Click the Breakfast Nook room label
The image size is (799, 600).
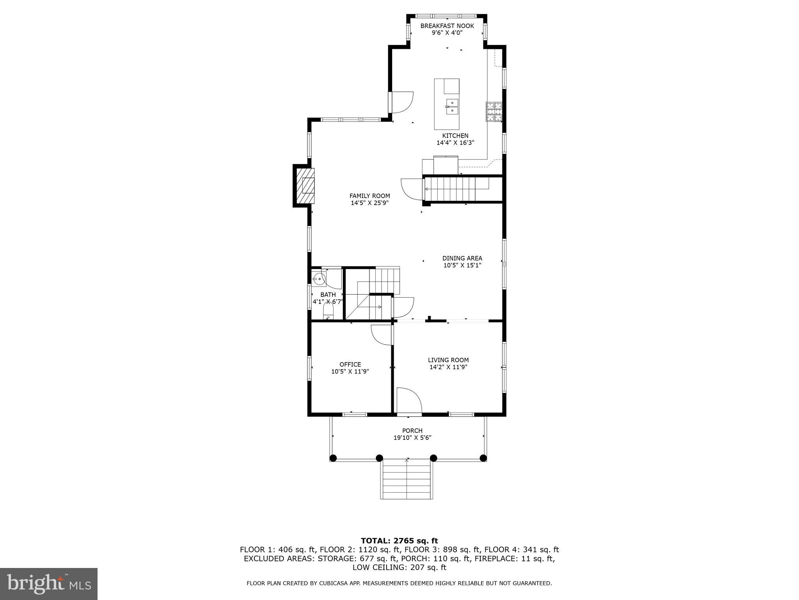pos(447,26)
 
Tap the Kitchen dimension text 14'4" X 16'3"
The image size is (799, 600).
pos(455,143)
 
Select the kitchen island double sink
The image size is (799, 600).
pos(452,107)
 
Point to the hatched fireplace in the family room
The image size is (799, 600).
pos(305,186)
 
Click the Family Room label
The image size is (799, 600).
pos(369,196)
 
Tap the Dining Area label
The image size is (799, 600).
pos(462,258)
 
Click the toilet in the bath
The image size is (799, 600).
pos(328,311)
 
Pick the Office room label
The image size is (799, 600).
pos(350,364)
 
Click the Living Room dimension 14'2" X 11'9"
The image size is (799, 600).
pos(448,367)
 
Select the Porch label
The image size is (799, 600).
pos(412,430)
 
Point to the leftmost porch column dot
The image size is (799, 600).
pos(333,458)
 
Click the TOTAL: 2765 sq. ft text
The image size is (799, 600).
pos(399,541)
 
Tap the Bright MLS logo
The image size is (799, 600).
pos(49,584)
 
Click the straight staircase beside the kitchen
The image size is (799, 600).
pos(456,189)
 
